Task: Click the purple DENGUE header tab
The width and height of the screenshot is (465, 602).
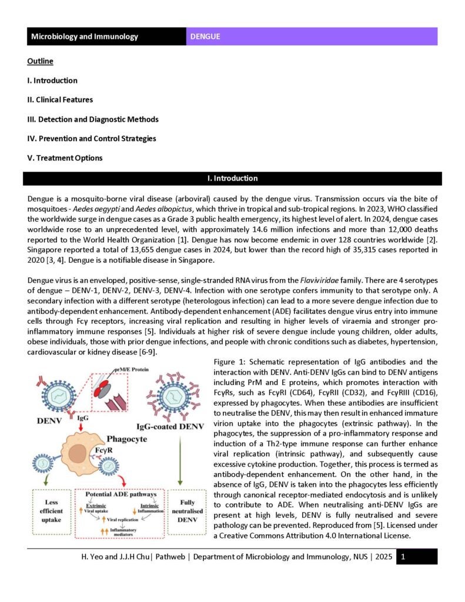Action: pyautogui.click(x=312, y=36)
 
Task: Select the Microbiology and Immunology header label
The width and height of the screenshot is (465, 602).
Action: pyautogui.click(x=85, y=36)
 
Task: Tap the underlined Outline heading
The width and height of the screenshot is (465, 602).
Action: pyautogui.click(x=40, y=61)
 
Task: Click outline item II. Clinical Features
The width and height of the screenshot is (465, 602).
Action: pyautogui.click(x=60, y=100)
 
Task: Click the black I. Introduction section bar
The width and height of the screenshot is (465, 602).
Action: pyautogui.click(x=232, y=178)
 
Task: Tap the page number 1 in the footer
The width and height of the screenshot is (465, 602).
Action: pyautogui.click(x=403, y=556)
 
